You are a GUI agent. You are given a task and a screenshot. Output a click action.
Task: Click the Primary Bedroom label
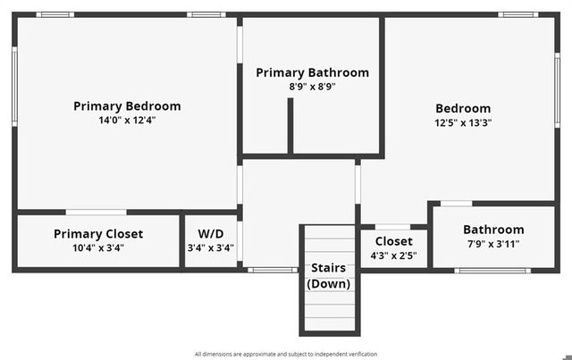click(x=127, y=106)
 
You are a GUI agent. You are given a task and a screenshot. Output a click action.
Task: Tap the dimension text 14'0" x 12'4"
click(x=127, y=120)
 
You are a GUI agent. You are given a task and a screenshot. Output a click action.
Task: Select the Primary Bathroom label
click(x=312, y=72)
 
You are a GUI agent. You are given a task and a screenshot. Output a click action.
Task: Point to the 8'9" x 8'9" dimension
click(x=312, y=87)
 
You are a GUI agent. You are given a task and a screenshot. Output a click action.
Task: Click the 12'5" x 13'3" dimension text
click(x=463, y=122)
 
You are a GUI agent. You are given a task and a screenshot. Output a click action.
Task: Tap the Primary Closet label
click(x=98, y=234)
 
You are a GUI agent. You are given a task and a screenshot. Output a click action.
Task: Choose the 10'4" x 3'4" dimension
click(x=98, y=248)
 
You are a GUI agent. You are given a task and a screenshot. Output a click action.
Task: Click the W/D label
click(x=211, y=234)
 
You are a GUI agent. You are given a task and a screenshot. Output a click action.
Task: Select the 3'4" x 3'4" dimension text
click(x=211, y=248)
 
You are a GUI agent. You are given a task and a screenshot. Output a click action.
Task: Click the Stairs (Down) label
click(x=329, y=276)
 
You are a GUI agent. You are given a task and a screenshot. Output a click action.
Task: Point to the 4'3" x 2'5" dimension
click(x=393, y=255)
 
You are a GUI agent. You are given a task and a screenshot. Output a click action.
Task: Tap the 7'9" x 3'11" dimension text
click(x=493, y=244)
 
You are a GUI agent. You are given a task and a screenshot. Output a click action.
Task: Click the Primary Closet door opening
click(x=97, y=213)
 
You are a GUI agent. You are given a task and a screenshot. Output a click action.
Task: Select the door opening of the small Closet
click(x=393, y=227)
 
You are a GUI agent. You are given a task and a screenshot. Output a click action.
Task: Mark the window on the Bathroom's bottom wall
click(x=492, y=271)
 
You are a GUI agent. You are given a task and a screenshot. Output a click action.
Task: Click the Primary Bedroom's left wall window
click(x=14, y=87)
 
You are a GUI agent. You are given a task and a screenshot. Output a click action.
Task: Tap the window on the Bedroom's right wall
click(x=558, y=90)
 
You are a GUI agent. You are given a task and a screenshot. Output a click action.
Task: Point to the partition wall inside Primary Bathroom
click(x=290, y=126)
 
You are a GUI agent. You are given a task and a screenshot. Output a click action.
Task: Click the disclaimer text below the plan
click(x=286, y=354)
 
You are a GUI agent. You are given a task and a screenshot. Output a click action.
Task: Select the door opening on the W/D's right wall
click(x=240, y=240)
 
